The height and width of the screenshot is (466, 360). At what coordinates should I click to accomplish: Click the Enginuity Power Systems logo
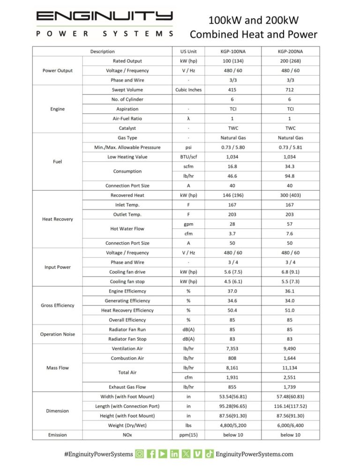105,23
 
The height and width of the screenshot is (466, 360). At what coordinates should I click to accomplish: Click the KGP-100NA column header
233,52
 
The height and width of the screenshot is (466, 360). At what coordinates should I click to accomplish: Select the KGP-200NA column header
290,52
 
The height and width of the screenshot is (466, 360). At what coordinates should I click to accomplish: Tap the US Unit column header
188,52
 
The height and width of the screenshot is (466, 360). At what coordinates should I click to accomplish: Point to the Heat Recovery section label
57,219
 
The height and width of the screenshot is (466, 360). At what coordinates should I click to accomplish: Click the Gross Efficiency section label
57,306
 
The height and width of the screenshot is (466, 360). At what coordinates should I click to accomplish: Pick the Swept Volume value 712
290,90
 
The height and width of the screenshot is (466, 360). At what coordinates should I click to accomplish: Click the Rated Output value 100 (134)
233,61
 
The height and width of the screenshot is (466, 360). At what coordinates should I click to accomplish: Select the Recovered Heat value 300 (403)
290,195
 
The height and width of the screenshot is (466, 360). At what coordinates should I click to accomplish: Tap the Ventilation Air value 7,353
233,349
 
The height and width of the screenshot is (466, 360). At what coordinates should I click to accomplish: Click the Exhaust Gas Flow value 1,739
290,387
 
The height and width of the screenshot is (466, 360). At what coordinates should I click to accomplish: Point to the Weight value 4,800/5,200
233,425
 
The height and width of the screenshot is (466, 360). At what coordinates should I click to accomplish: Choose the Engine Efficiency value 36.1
290,291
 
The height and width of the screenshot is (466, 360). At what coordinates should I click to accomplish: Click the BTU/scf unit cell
188,157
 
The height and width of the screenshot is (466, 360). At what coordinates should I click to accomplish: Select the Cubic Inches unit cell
188,90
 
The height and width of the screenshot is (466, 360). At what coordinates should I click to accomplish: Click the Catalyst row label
127,128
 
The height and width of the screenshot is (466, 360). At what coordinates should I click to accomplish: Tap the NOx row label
127,435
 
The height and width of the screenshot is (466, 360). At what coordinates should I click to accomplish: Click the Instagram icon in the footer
139,454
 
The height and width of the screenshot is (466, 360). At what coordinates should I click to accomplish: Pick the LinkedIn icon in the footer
174,454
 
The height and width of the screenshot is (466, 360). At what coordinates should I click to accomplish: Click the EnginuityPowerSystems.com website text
255,454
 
